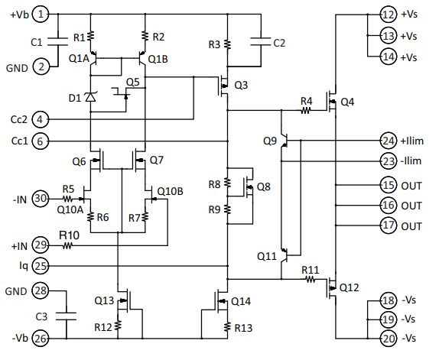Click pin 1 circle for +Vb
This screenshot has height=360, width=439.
pos(44,14)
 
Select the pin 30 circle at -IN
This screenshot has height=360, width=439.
pos(44,199)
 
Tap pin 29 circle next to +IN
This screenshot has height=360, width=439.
pos(44,245)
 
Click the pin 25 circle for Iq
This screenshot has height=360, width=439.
pos(44,266)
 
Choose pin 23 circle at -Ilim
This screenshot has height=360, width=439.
pos(389,161)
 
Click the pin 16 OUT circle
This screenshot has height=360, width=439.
pos(389,206)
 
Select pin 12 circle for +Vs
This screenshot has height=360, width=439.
pos(389,14)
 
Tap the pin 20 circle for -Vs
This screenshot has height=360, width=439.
pos(389,338)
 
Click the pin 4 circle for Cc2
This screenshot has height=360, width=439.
pos(44,119)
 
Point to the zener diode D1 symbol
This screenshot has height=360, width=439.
pos(91,97)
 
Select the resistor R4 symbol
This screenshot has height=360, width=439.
pos(306,110)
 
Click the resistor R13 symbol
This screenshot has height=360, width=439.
pos(227,327)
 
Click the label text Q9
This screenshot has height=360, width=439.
pos(270,141)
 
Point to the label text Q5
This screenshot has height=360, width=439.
pos(132,81)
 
